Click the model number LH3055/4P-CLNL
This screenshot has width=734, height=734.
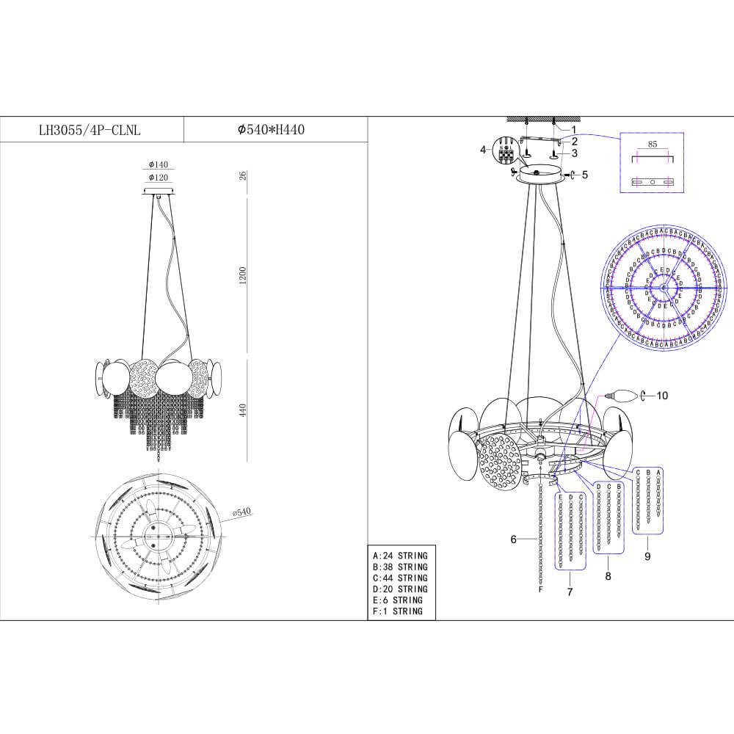pos(90,130)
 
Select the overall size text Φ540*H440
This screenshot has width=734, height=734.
pos(271,130)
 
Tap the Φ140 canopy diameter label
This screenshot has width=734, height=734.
pos(159,165)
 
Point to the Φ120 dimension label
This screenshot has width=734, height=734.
pos(159,178)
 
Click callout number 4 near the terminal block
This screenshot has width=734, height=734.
pos(484,150)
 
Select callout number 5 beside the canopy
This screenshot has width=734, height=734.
pos(585,175)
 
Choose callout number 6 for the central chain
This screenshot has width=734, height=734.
pos(515,539)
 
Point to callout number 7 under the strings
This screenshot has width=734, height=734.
pos(569,591)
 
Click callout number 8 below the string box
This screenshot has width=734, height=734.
pos(608,577)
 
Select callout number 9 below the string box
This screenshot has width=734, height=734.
pos(647,556)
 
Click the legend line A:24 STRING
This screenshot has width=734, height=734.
pos(400,556)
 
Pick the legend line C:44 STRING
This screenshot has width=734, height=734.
pos(400,578)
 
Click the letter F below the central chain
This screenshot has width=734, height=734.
pos(541,589)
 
